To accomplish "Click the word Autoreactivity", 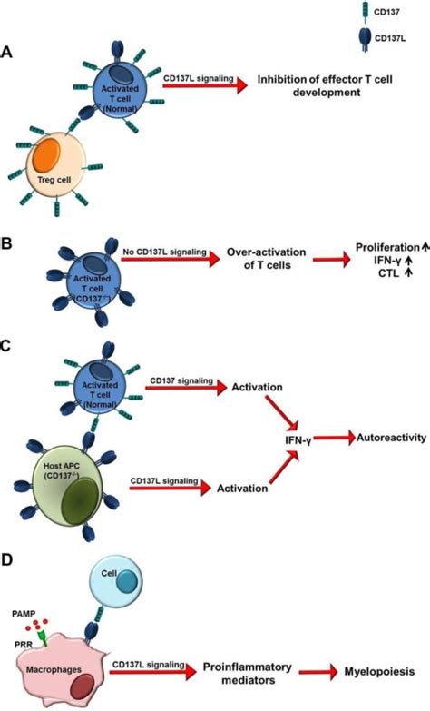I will click(x=386, y=437).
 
